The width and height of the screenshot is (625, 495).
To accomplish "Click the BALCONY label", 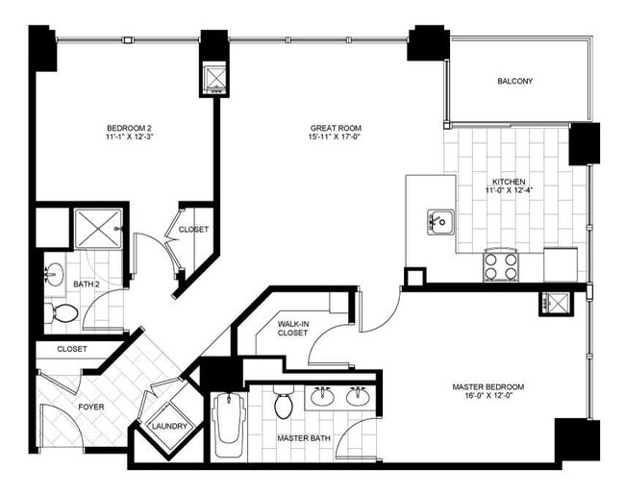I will coord(514,82).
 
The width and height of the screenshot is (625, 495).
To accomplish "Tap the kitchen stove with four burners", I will coord(500,265).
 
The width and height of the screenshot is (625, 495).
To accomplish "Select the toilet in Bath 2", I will coord(64,312).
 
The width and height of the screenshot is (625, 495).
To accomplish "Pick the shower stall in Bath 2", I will coord(98,229).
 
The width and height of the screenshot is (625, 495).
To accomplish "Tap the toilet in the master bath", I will coord(284,405).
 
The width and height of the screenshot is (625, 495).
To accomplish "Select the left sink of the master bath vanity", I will coord(323,397).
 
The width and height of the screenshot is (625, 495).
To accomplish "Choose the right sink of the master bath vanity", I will coord(359,397).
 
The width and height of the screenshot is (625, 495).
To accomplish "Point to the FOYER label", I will coord(91,407).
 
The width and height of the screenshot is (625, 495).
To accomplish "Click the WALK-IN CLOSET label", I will coord(292,329).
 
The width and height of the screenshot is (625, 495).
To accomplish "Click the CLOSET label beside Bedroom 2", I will coord(193,230).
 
